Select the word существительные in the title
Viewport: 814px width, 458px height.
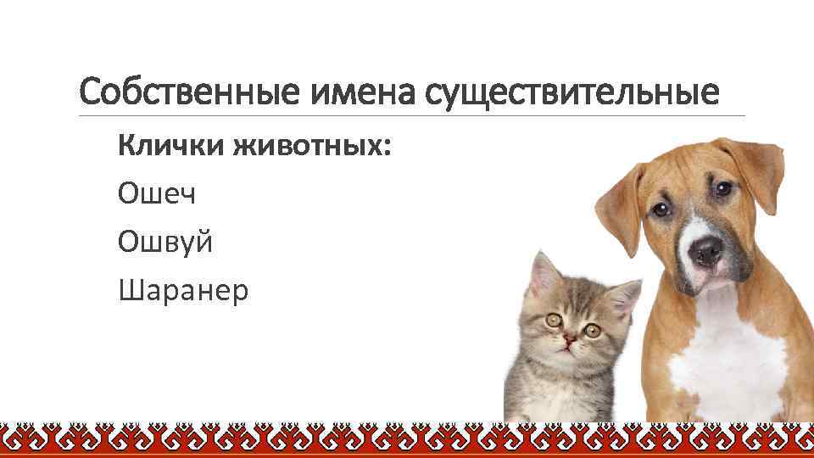pyautogui.click(x=571, y=90)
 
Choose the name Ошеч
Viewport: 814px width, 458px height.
pyautogui.click(x=158, y=194)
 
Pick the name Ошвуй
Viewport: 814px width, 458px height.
pyautogui.click(x=166, y=243)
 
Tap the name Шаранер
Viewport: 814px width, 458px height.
pyautogui.click(x=184, y=291)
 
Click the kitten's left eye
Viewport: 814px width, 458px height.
pyautogui.click(x=554, y=320)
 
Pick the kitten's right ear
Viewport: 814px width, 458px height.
pyautogui.click(x=625, y=298)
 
